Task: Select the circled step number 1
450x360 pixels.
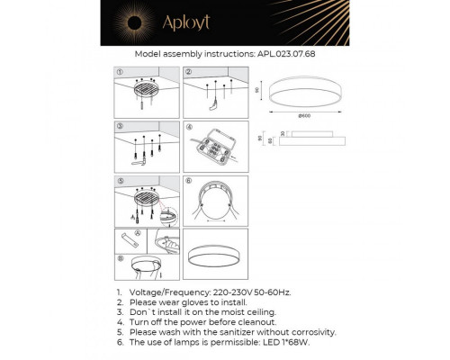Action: (x=120, y=70)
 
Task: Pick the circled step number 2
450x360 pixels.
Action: (x=189, y=70)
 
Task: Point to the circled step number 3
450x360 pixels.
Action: (x=120, y=127)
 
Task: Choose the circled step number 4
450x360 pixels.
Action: (x=189, y=127)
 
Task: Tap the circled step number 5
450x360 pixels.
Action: (x=120, y=181)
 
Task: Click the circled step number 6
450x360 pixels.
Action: (x=189, y=181)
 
